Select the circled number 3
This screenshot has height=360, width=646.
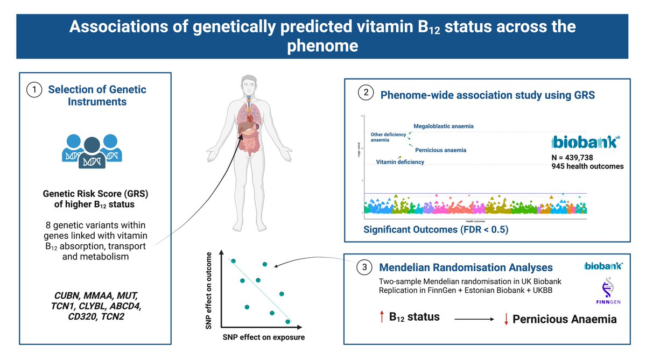[364, 266]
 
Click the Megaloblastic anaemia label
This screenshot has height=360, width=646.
[444, 126]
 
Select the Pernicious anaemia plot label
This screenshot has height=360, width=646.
[440, 150]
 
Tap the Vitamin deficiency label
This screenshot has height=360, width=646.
[399, 162]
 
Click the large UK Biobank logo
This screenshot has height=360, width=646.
[584, 142]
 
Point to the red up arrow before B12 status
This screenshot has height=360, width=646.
[381, 317]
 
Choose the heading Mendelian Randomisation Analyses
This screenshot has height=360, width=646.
[466, 267]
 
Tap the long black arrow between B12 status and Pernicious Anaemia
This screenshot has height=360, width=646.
[473, 319]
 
